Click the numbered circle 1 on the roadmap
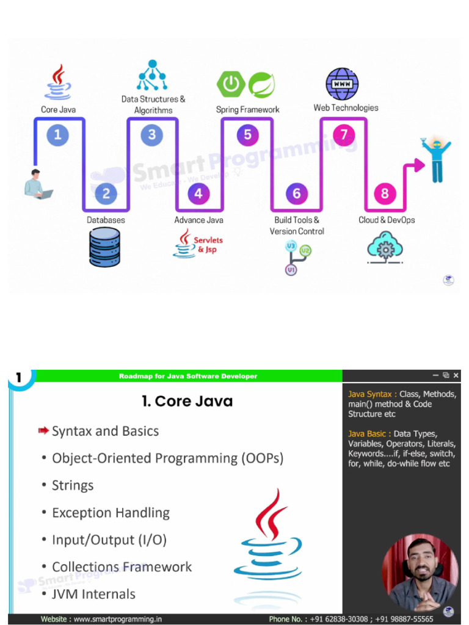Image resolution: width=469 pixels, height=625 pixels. click(x=57, y=134)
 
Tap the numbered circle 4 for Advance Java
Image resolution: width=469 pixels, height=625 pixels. click(x=198, y=194)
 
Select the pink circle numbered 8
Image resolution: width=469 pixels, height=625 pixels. click(x=385, y=194)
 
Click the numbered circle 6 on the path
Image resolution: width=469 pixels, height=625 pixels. click(x=297, y=194)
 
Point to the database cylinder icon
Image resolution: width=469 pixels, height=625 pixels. click(x=104, y=247)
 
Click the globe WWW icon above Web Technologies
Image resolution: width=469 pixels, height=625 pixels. click(x=342, y=84)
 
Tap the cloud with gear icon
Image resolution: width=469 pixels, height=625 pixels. click(x=385, y=247)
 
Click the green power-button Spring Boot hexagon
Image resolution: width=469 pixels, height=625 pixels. click(x=231, y=84)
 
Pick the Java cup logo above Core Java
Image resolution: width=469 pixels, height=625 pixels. click(x=57, y=83)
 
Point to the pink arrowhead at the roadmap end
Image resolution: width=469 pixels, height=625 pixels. click(x=419, y=163)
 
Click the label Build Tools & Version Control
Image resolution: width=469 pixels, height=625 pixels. click(x=297, y=225)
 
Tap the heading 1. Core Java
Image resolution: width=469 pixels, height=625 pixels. click(x=187, y=401)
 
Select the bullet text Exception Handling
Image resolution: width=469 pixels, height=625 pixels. click(x=111, y=513)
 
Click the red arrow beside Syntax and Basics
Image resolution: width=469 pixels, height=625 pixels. click(x=43, y=431)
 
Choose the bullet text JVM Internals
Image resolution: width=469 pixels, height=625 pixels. click(x=93, y=594)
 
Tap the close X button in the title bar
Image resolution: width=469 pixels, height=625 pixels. click(x=456, y=375)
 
